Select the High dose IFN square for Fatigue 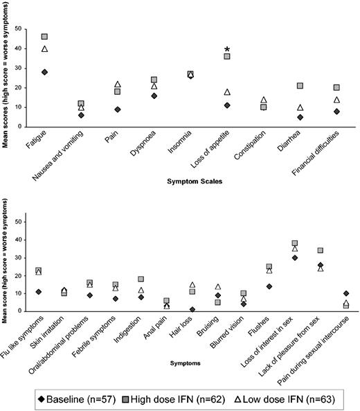[44, 37]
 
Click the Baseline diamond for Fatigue [44, 72]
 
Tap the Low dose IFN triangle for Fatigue [44, 48]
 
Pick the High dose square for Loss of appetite [227, 57]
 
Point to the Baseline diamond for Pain [118, 109]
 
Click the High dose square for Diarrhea [300, 86]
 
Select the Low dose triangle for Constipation [263, 100]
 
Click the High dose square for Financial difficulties [336, 88]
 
